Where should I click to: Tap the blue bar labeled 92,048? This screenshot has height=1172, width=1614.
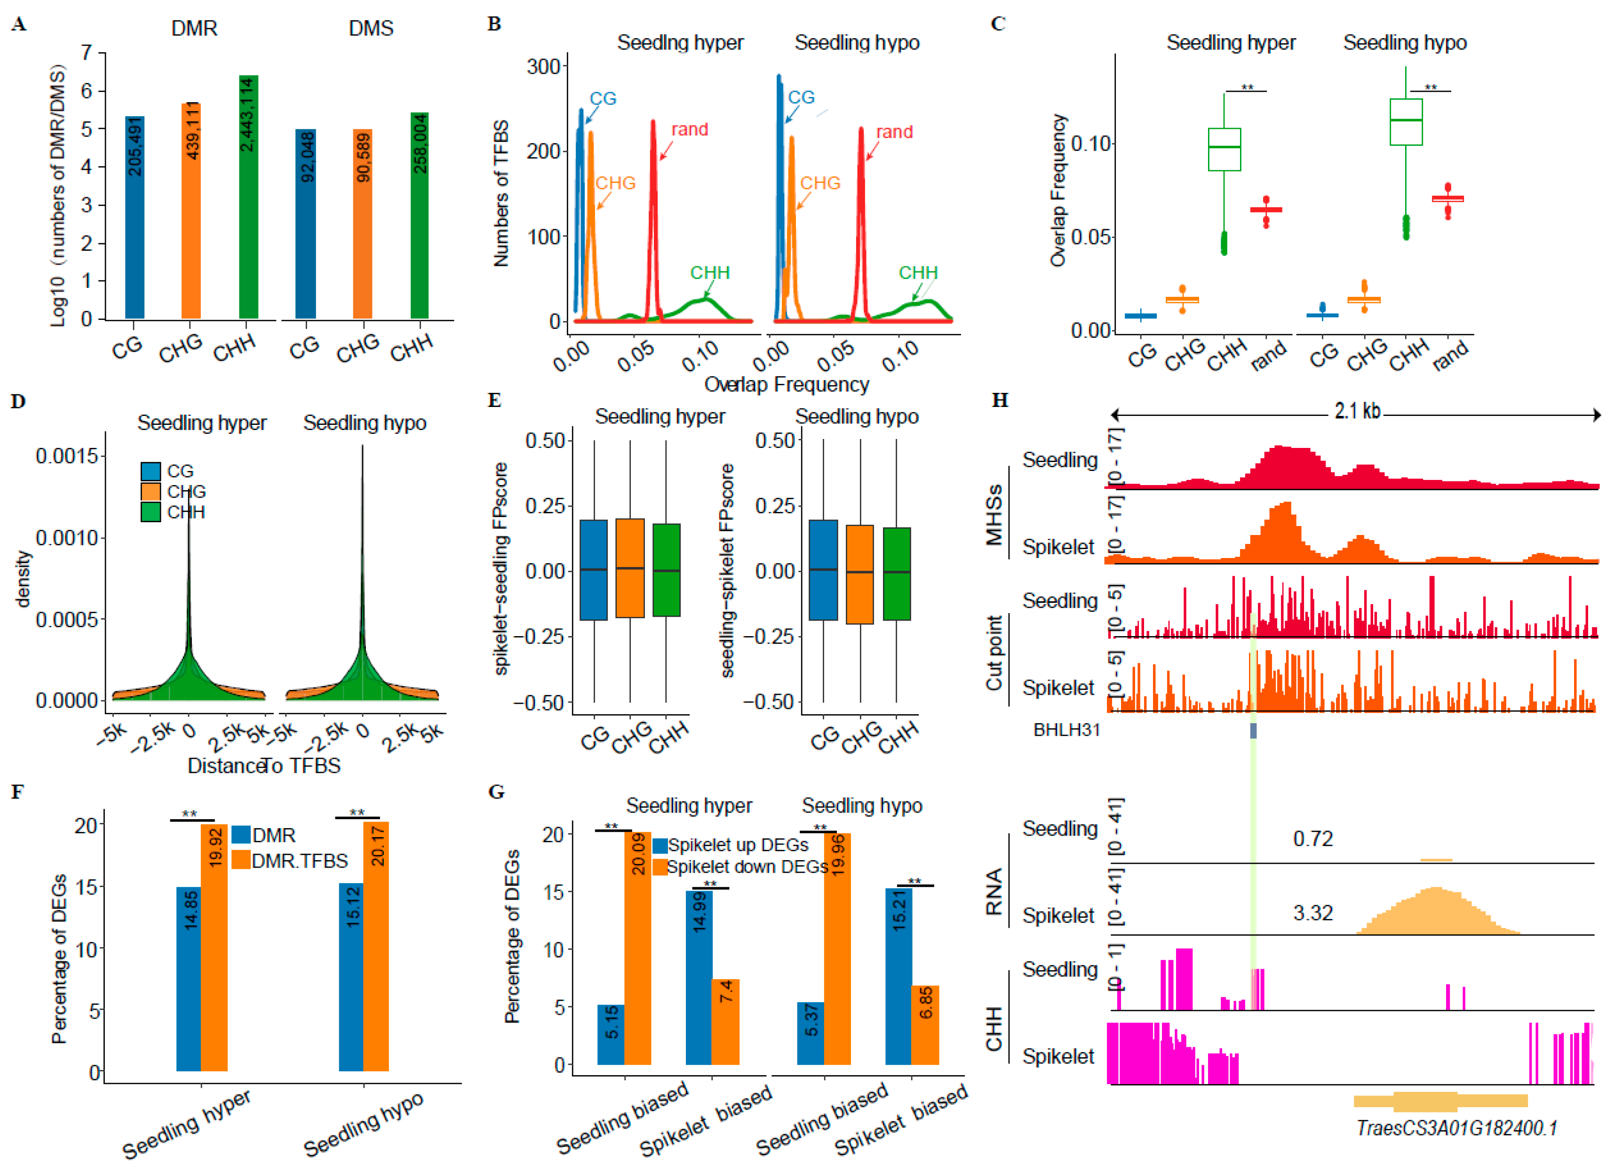(x=305, y=223)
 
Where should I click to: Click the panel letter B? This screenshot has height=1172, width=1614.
(x=494, y=24)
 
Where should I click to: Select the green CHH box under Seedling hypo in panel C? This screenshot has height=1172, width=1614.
(x=1406, y=122)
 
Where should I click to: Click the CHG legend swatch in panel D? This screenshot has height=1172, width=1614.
(x=151, y=492)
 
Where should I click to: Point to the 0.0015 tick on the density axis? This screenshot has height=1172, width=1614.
(x=68, y=456)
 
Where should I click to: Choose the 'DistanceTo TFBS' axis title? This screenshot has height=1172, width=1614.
(x=263, y=765)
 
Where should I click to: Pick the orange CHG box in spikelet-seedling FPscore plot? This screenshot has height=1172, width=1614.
(x=630, y=568)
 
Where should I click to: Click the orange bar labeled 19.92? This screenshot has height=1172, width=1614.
(x=214, y=947)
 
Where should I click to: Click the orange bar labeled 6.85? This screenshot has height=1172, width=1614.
(x=925, y=1025)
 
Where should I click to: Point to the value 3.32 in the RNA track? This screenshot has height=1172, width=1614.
(x=1312, y=912)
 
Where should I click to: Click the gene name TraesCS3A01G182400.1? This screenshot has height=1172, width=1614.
(x=1456, y=1128)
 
